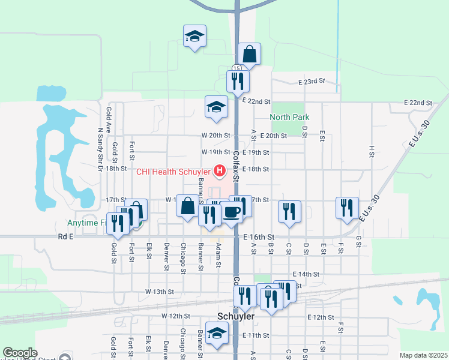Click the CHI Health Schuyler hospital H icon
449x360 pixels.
point(220,171)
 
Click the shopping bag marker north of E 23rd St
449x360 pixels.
point(249,55)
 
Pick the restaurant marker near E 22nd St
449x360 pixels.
point(238,81)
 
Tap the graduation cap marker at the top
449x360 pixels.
point(194,37)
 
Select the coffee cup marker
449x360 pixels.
point(232,212)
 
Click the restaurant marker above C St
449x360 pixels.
point(289,212)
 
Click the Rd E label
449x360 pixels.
point(65,237)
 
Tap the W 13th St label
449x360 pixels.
point(159,292)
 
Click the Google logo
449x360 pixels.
point(20,353)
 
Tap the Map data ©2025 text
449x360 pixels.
point(423,355)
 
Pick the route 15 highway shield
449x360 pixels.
point(237,68)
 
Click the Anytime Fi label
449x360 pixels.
point(87,222)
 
